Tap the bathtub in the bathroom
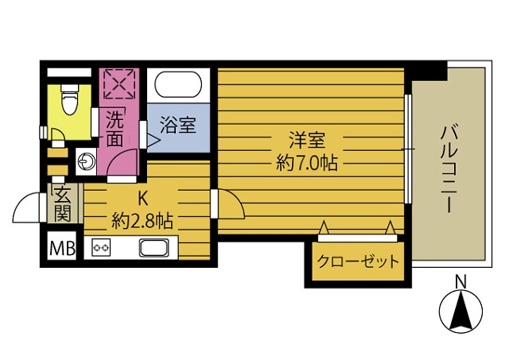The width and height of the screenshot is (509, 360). click(179, 85)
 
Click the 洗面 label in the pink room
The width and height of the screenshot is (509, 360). click(115, 130)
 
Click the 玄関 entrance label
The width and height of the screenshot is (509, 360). click(63, 203)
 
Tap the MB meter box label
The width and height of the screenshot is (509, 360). click(63, 247)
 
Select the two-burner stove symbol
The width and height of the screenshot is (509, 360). click(102, 247)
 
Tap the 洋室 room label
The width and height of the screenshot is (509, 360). click(306, 141)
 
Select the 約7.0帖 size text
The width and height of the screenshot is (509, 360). click(306, 164)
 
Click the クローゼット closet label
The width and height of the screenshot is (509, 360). click(357, 262)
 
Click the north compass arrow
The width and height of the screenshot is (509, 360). click(460, 311)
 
